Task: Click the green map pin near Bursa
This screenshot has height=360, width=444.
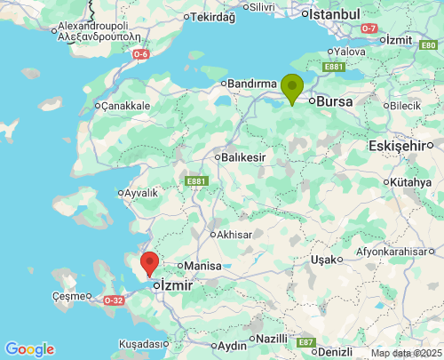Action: [292, 88]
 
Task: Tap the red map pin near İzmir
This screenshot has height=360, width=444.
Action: [150, 263]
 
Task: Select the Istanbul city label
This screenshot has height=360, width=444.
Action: [334, 14]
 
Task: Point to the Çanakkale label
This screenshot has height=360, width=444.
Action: [127, 106]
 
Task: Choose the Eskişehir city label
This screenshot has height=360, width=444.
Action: [405, 146]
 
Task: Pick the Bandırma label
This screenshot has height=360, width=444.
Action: [254, 84]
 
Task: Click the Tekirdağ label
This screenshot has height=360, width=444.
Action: [213, 17]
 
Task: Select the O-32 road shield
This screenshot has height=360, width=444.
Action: [113, 300]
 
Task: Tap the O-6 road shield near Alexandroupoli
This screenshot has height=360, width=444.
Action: [140, 55]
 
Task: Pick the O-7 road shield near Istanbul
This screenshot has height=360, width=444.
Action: [370, 28]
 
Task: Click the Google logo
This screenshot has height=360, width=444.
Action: [29, 349]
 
